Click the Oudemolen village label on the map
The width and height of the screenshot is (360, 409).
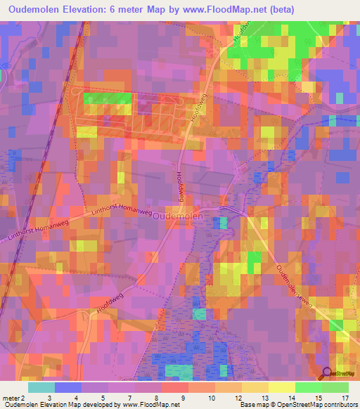(178, 217)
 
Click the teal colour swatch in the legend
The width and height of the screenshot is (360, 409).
(41, 387)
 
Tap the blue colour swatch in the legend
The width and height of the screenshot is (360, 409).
(67, 387)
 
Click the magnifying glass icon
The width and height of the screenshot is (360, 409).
(326, 374)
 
